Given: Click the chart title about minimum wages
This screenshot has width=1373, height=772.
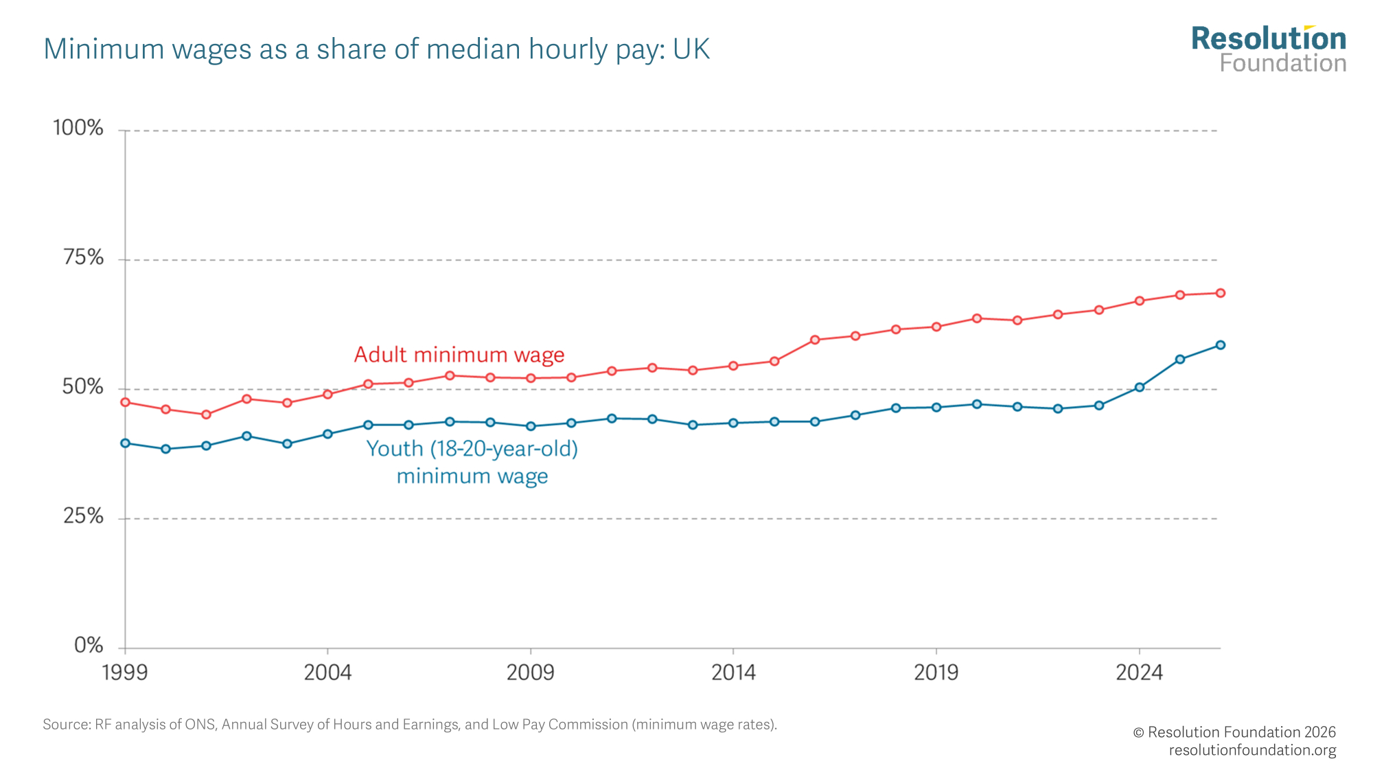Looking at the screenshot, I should click(x=376, y=49).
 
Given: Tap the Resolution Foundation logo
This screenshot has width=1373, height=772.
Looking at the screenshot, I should click(x=1269, y=49).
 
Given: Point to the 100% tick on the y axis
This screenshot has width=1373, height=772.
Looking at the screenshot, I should click(x=78, y=128).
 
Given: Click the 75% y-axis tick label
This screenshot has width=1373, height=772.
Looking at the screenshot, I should click(x=83, y=258).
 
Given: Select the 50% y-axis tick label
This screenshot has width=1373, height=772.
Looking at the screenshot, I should click(x=82, y=387).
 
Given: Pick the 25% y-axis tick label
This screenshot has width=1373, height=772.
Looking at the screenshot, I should click(x=83, y=516).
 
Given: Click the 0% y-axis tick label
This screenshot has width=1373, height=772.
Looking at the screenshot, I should click(x=89, y=646).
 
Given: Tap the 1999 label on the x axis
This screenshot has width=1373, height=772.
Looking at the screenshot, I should click(x=125, y=672).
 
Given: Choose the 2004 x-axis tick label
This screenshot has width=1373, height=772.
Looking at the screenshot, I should click(x=327, y=672).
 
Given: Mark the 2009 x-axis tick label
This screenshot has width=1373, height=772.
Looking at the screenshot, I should click(x=530, y=672).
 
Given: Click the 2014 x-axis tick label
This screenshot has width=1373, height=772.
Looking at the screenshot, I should click(x=733, y=672).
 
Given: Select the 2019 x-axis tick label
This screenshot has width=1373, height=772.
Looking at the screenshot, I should click(x=936, y=672).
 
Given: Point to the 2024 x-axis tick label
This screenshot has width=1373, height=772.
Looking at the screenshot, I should click(x=1139, y=672).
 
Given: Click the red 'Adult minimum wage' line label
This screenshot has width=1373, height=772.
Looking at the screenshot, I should click(x=459, y=355).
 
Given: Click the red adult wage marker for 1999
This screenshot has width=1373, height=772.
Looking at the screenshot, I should click(x=125, y=402).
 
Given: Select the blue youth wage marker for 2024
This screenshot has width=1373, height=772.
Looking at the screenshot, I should click(x=1140, y=387).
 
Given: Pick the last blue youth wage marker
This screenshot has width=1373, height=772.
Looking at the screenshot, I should click(x=1221, y=345).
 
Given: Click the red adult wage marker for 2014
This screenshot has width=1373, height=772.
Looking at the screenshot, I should click(x=733, y=366).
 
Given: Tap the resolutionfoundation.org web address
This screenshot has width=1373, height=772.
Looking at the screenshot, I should click(x=1252, y=751).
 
